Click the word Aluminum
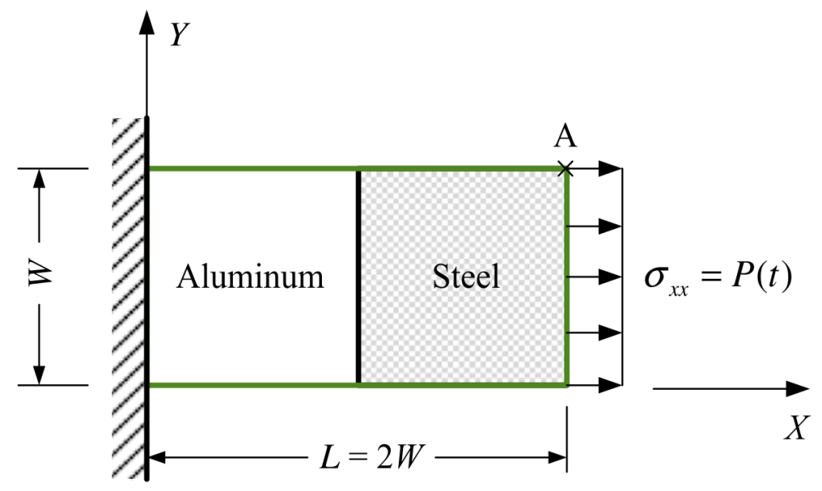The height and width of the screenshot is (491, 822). (250, 277)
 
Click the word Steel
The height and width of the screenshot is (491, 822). (466, 277)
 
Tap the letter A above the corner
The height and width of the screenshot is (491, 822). (566, 137)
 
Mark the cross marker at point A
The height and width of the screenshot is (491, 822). (567, 168)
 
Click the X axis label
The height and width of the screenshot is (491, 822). (794, 429)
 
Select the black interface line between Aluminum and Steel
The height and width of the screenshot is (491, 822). (358, 276)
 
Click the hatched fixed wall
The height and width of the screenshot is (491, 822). (128, 297)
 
